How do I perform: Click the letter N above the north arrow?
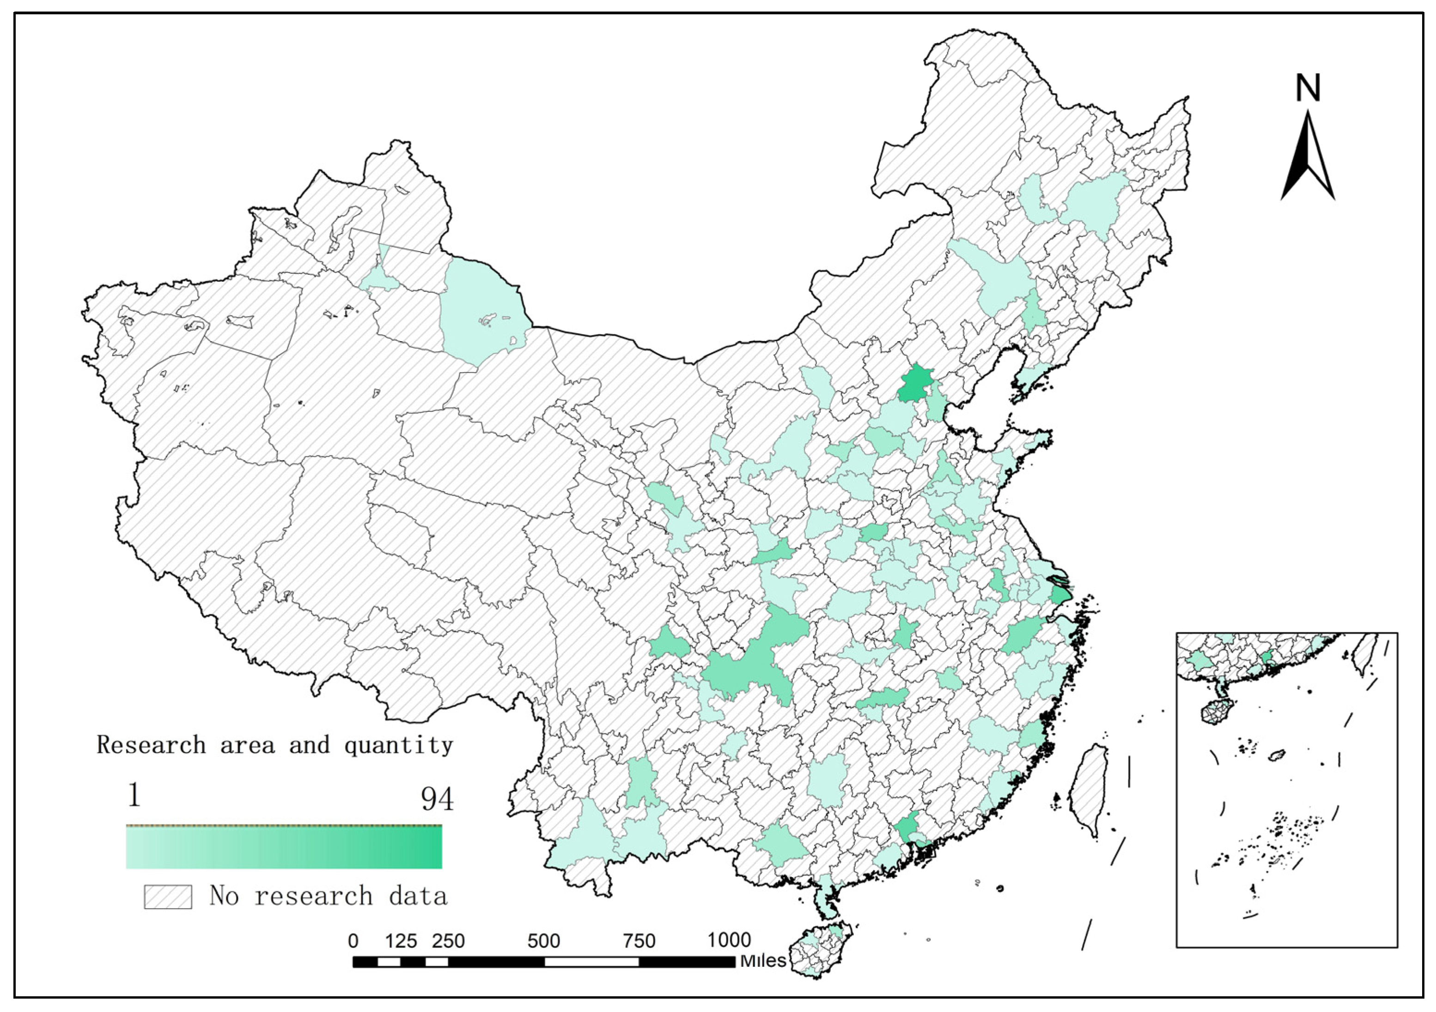[1307, 89]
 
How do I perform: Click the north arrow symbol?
[1307, 156]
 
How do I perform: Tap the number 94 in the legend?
[437, 798]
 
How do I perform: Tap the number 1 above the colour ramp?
[134, 795]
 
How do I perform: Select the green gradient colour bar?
[284, 847]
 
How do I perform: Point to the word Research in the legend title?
[151, 745]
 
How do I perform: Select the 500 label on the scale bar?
[543, 941]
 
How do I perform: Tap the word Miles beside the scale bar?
[763, 961]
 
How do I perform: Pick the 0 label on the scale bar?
[353, 941]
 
